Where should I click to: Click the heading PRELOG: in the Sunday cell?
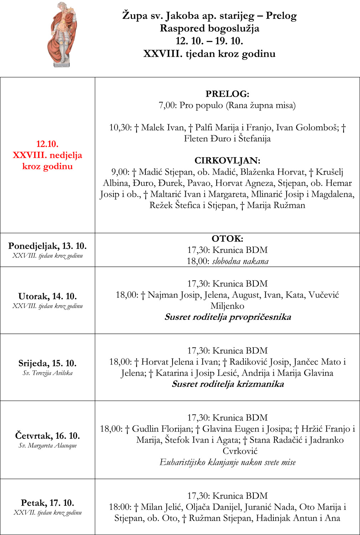click(227, 94)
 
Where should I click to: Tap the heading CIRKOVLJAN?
click(227, 160)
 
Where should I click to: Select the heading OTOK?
click(227, 239)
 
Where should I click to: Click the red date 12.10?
click(47, 144)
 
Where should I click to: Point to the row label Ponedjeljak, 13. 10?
click(47, 246)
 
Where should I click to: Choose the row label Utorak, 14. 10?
click(47, 296)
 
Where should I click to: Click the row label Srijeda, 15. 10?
click(47, 363)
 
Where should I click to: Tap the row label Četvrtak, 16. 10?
click(47, 435)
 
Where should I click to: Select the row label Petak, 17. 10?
click(47, 503)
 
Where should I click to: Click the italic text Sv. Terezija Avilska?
click(47, 373)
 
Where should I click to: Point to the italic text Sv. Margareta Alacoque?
click(47, 445)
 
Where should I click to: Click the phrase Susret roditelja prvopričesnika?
click(227, 317)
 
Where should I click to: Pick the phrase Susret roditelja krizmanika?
click(227, 384)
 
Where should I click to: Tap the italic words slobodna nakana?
click(240, 261)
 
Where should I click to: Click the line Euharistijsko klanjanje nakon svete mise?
click(227, 463)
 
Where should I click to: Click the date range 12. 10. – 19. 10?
click(209, 41)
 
